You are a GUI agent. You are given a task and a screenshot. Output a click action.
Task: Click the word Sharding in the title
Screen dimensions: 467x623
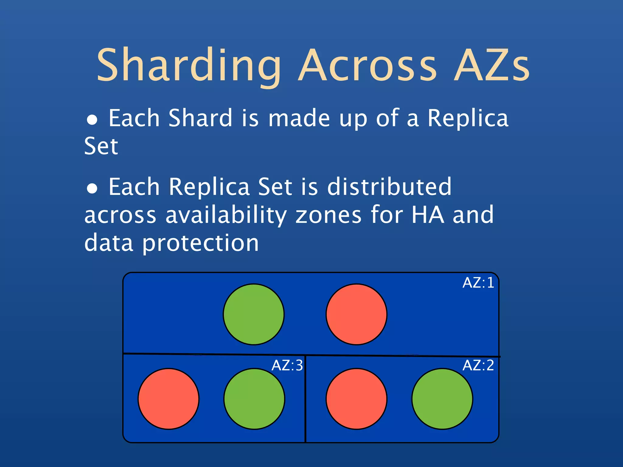coord(189,65)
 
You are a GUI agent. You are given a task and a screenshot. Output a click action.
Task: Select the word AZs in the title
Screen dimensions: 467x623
coord(492,65)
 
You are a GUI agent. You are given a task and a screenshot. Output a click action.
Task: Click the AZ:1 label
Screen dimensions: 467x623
coord(478,283)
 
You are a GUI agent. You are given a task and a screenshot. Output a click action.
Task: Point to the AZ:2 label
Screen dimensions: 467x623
coord(478,365)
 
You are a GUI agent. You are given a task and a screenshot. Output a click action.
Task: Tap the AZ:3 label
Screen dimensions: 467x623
coord(287,365)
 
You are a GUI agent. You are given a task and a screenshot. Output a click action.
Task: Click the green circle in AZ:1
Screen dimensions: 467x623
coord(254,314)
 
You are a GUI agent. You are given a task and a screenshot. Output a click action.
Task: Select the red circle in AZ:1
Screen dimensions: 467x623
coord(357,314)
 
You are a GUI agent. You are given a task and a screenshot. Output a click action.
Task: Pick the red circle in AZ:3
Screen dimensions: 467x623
coord(169,399)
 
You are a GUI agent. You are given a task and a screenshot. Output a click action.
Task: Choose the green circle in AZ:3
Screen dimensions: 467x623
coord(254,399)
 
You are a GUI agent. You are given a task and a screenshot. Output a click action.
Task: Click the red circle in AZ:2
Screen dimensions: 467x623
coord(357,399)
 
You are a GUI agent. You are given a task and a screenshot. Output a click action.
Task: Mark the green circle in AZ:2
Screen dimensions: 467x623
coord(442,399)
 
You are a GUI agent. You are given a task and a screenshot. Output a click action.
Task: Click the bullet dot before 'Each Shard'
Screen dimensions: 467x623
coord(92,120)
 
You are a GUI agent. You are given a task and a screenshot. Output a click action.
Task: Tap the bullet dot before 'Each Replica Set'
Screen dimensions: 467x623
coord(92,189)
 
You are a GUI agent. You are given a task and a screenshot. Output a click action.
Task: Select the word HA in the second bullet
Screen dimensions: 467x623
coord(427,215)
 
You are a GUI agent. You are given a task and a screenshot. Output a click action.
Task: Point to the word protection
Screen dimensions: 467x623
coord(200,243)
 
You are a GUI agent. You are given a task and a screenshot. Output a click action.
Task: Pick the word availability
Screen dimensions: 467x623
coord(226,215)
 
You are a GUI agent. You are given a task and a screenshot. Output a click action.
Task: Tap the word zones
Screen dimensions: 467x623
coord(329,215)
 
